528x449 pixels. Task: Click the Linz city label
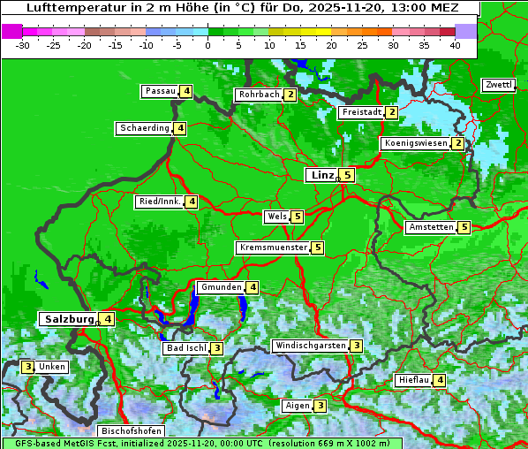pyautogui.click(x=321, y=175)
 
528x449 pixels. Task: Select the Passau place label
pyautogui.click(x=161, y=91)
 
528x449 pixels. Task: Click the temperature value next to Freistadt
pyautogui.click(x=391, y=112)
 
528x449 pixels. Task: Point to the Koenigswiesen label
pyautogui.click(x=416, y=143)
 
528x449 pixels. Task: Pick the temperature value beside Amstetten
pyautogui.click(x=464, y=227)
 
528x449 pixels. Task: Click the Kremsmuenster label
pyautogui.click(x=273, y=247)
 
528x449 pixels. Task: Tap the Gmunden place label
pyautogui.click(x=220, y=287)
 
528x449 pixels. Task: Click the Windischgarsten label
pyautogui.click(x=310, y=346)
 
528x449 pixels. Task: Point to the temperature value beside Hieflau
pyautogui.click(x=440, y=380)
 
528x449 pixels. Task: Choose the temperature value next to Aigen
pyautogui.click(x=321, y=406)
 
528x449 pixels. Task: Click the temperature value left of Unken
pyautogui.click(x=28, y=366)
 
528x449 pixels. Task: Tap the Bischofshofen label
pyautogui.click(x=132, y=431)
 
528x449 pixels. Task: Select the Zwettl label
pyautogui.click(x=498, y=85)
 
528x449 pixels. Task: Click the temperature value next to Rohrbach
pyautogui.click(x=290, y=95)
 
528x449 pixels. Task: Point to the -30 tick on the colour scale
pyautogui.click(x=24, y=43)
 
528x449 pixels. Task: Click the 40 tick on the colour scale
pyautogui.click(x=455, y=43)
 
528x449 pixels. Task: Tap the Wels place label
pyautogui.click(x=276, y=216)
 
